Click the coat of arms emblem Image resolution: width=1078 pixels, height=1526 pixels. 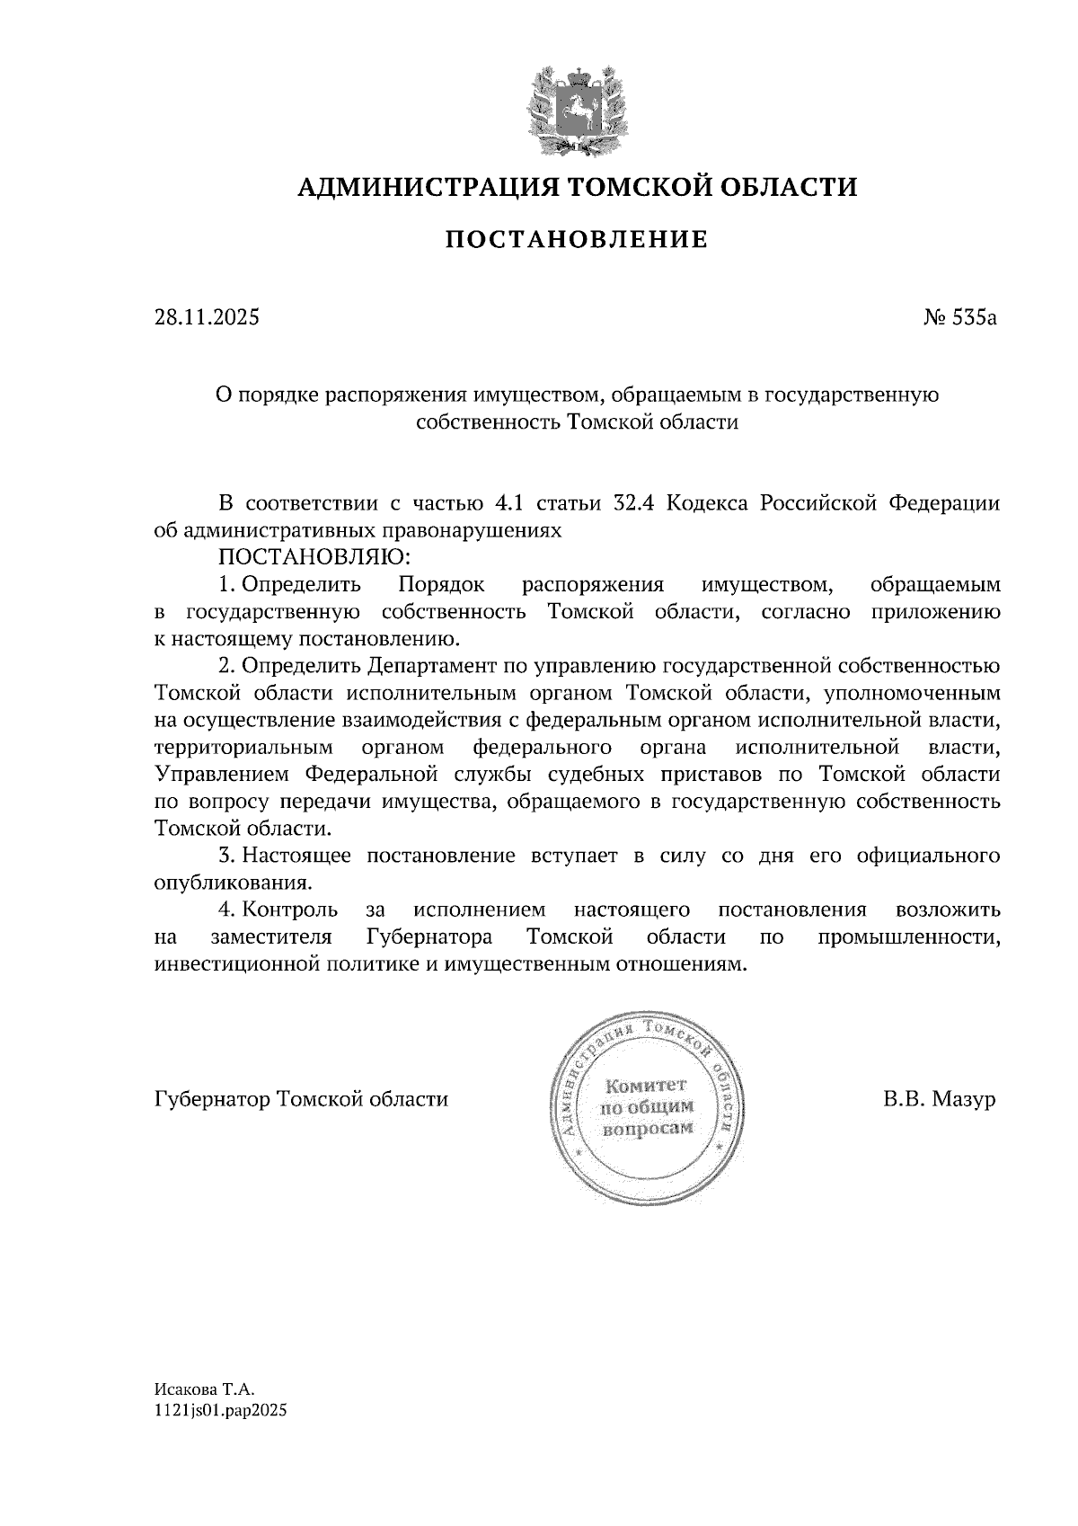point(577,108)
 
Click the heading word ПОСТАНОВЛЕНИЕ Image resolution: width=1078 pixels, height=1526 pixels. point(577,240)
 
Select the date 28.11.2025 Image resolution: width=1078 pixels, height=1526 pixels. point(207,317)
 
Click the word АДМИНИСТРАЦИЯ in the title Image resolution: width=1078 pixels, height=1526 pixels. point(419,188)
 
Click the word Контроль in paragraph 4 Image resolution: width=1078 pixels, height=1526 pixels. point(290,910)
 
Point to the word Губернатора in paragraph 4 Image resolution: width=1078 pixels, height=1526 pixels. point(429,937)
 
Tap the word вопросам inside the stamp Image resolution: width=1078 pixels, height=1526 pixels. point(647,1128)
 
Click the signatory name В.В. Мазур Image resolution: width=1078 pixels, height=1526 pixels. point(939,1099)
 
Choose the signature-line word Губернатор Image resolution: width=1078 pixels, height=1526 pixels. point(213,1099)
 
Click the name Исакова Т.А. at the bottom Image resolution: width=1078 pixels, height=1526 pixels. point(199,1390)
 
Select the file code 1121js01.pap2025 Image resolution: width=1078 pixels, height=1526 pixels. point(221,1412)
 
